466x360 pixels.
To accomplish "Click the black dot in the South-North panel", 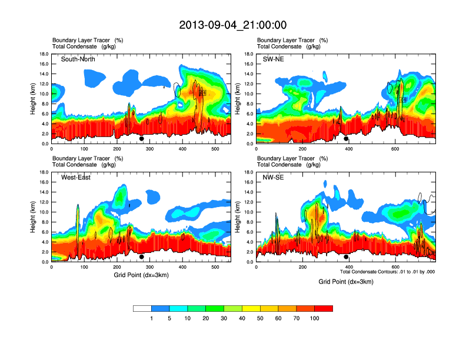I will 142,139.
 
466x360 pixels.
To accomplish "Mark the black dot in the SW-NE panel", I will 346,139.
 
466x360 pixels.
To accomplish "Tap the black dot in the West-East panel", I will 142,257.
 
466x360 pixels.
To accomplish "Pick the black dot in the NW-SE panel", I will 346,257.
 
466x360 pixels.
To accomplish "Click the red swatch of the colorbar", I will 324,308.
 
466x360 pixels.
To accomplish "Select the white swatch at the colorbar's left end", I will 142,308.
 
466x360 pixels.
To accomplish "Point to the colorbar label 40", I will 242,318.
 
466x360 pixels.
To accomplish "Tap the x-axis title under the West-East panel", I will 141,275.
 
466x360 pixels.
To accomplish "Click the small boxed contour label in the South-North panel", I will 203,93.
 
